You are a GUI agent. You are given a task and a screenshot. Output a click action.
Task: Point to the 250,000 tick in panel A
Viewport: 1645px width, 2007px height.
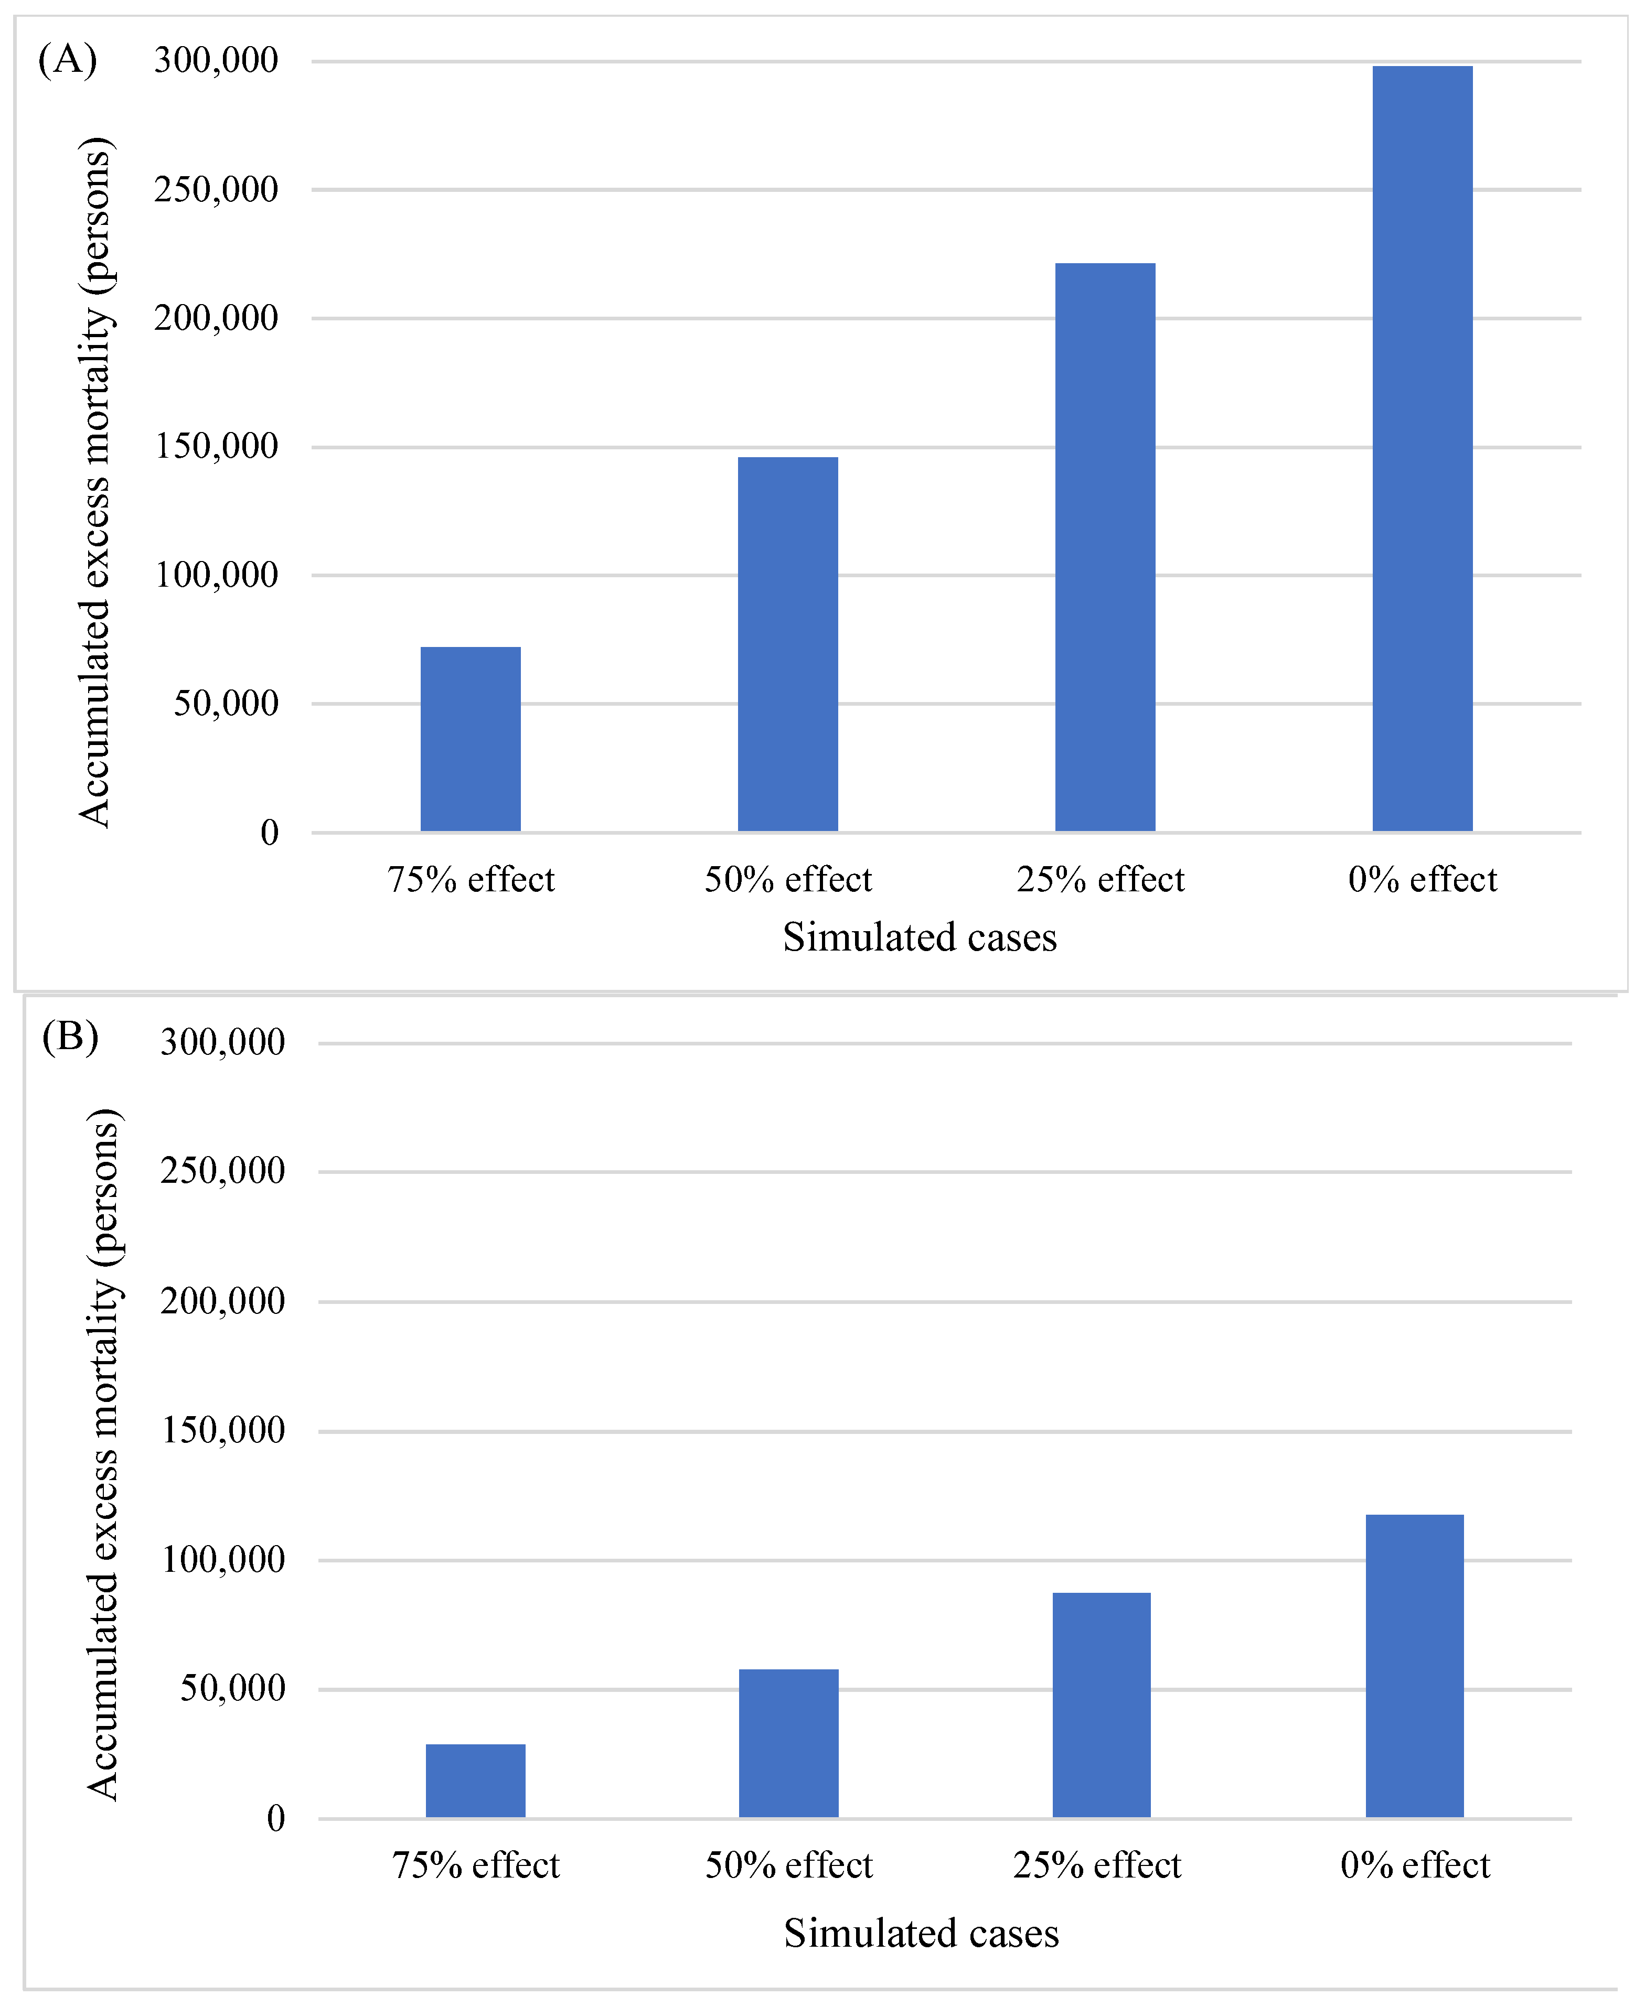(x=216, y=189)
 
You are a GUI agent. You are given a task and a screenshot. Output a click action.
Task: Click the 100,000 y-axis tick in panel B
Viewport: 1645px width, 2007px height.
(x=223, y=1560)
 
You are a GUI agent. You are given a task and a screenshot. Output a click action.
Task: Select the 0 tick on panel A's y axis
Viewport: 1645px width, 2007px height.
(x=269, y=833)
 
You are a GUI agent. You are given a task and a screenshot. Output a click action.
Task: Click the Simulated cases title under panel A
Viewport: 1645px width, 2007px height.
(x=919, y=937)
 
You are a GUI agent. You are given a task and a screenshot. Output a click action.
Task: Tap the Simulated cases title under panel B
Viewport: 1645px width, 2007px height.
(x=921, y=1933)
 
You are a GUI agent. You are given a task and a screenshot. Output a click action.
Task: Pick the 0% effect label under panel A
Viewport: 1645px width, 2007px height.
(x=1422, y=880)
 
